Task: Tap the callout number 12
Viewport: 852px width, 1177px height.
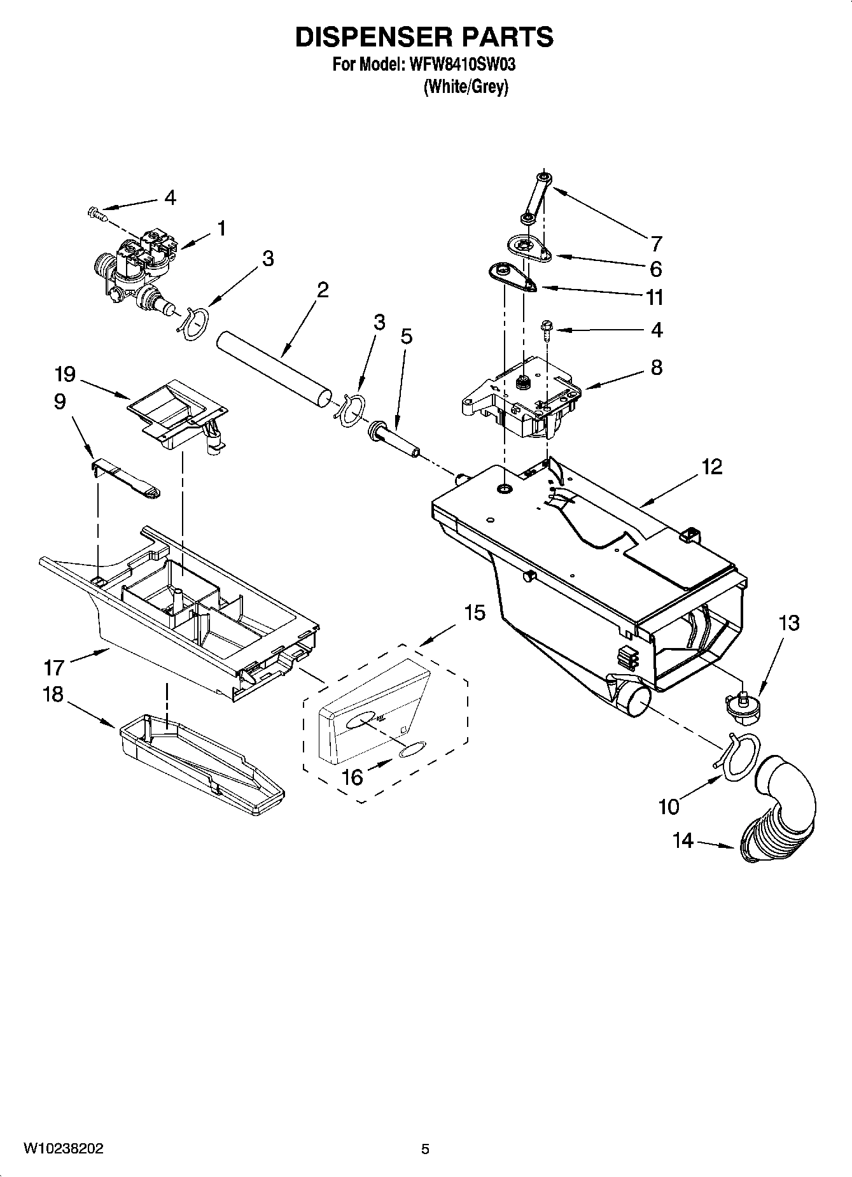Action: [x=712, y=467]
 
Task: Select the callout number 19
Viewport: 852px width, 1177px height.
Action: [x=66, y=374]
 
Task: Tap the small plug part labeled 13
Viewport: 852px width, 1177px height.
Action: [x=741, y=707]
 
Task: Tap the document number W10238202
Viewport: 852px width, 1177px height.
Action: [x=64, y=1148]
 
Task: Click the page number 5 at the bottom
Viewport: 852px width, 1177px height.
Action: [x=426, y=1148]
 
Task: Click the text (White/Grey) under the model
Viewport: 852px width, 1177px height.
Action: [x=466, y=87]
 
